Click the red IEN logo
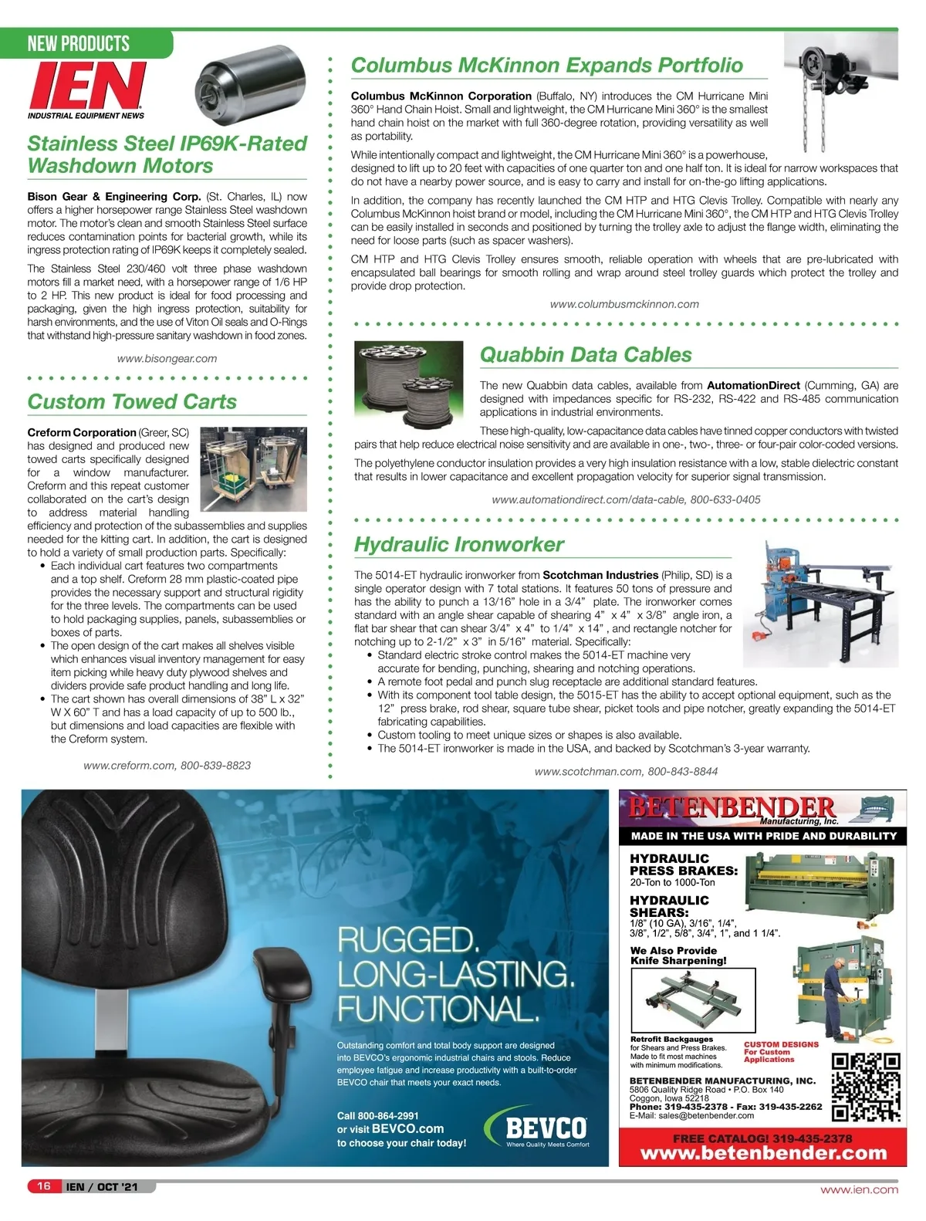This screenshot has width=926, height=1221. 86,86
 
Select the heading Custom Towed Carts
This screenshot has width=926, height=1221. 132,401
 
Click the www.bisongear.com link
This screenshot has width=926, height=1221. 167,358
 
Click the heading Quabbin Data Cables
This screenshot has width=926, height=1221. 586,355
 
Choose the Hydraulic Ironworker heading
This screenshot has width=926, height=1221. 458,544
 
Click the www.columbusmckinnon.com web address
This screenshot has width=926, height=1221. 624,304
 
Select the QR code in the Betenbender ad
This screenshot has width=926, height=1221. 866,1087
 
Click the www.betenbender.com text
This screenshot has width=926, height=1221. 763,1153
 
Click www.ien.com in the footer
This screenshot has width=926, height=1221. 859,1189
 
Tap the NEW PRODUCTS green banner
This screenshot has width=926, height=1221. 79,43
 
